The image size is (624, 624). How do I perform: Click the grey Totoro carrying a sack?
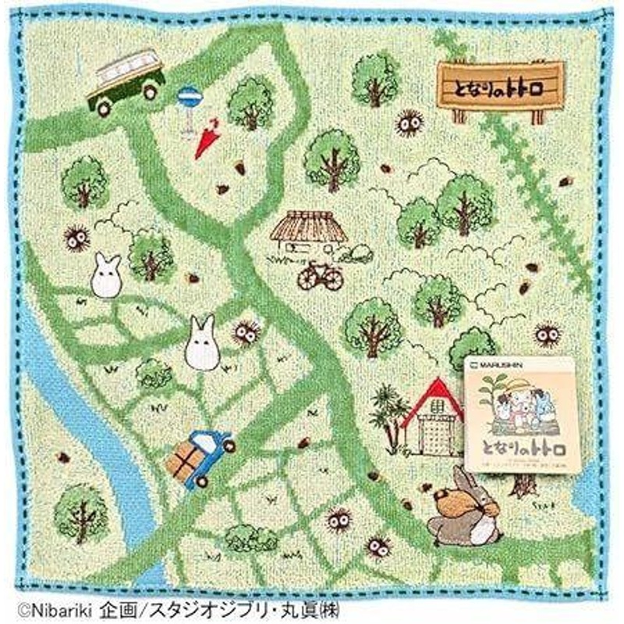click(467, 508)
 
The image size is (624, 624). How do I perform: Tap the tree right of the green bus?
click(250, 101)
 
